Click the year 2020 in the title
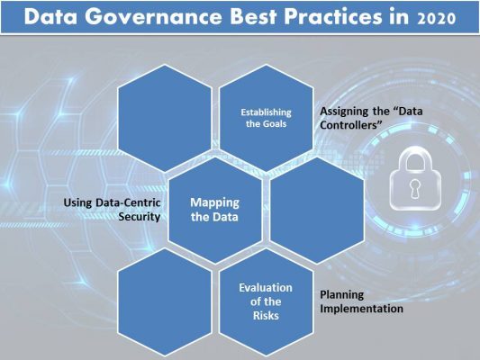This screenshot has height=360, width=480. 437,18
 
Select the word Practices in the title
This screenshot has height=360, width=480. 333,16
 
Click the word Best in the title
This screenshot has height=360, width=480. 253,16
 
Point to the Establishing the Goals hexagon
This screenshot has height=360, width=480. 266,118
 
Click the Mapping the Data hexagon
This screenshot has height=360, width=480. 215,210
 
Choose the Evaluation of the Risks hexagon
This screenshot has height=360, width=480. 266,302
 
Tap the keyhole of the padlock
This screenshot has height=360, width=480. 415,189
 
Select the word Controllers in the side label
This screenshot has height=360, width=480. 352,125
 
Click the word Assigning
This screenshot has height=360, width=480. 345,112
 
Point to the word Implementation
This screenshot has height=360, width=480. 361,309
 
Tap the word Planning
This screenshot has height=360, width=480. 341,295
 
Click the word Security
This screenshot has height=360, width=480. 140,217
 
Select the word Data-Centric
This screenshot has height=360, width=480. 128,202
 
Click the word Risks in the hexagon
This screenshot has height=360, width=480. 266,316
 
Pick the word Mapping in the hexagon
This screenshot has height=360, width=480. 215,202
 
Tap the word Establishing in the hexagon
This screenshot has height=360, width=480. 266,112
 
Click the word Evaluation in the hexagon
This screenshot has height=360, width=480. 266,288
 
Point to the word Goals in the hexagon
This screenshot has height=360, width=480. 275,124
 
